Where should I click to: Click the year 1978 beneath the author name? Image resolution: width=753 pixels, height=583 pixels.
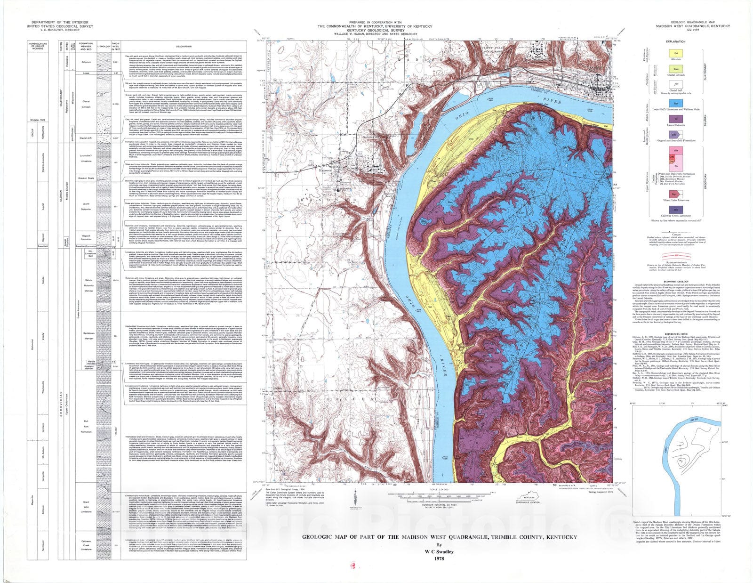439,559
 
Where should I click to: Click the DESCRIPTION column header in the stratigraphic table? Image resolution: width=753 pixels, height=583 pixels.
184,46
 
